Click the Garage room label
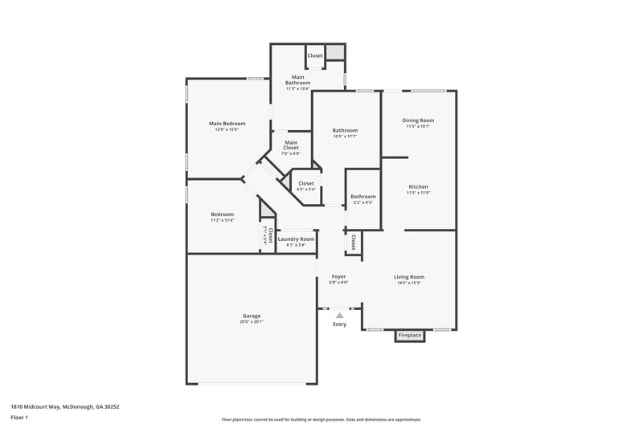tap(252, 316)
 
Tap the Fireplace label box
tap(410, 335)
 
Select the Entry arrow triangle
tap(339, 316)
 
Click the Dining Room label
tap(418, 120)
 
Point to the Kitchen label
tap(418, 186)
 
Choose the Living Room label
tap(410, 277)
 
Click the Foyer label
tap(338, 277)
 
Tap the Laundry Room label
tap(296, 239)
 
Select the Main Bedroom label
tap(227, 124)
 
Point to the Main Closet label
tap(290, 145)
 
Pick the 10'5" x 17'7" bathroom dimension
tap(345, 137)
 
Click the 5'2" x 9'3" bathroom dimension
tap(362, 202)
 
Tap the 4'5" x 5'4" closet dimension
tap(306, 190)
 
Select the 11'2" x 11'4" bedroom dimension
tap(222, 220)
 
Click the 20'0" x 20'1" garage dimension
tap(252, 322)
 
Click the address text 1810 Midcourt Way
tap(49, 406)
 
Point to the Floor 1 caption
tap(19, 418)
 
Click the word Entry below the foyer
tap(340, 324)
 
